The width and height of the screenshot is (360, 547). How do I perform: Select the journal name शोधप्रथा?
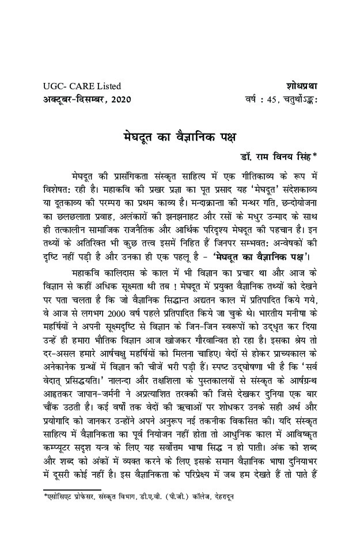click(301, 86)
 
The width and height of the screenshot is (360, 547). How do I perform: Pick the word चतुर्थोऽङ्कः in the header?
click(300, 99)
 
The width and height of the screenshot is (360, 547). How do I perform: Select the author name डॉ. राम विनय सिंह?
click(274, 155)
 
